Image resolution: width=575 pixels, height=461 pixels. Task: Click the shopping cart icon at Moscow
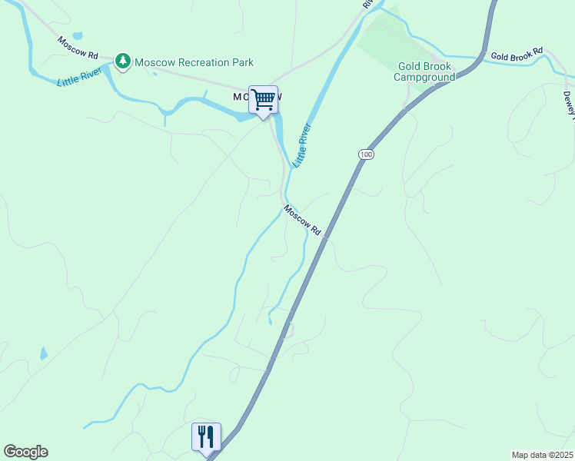pos(263,100)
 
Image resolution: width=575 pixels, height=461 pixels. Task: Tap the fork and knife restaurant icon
pos(206,436)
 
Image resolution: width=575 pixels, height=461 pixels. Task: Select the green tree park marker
pos(122,60)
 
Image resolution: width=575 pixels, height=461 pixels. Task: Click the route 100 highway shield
pos(366,154)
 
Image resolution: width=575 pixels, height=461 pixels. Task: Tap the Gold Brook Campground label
pos(424,71)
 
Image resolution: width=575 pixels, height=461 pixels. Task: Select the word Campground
pos(424,77)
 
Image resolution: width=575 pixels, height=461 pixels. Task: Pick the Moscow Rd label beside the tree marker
pos(78,48)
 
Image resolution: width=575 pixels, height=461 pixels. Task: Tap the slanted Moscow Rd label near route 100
pos(301,220)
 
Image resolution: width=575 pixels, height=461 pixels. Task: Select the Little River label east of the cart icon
pos(301,144)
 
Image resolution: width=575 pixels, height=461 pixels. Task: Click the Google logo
pos(25,452)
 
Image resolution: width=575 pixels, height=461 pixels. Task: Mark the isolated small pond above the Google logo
pos(44,354)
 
